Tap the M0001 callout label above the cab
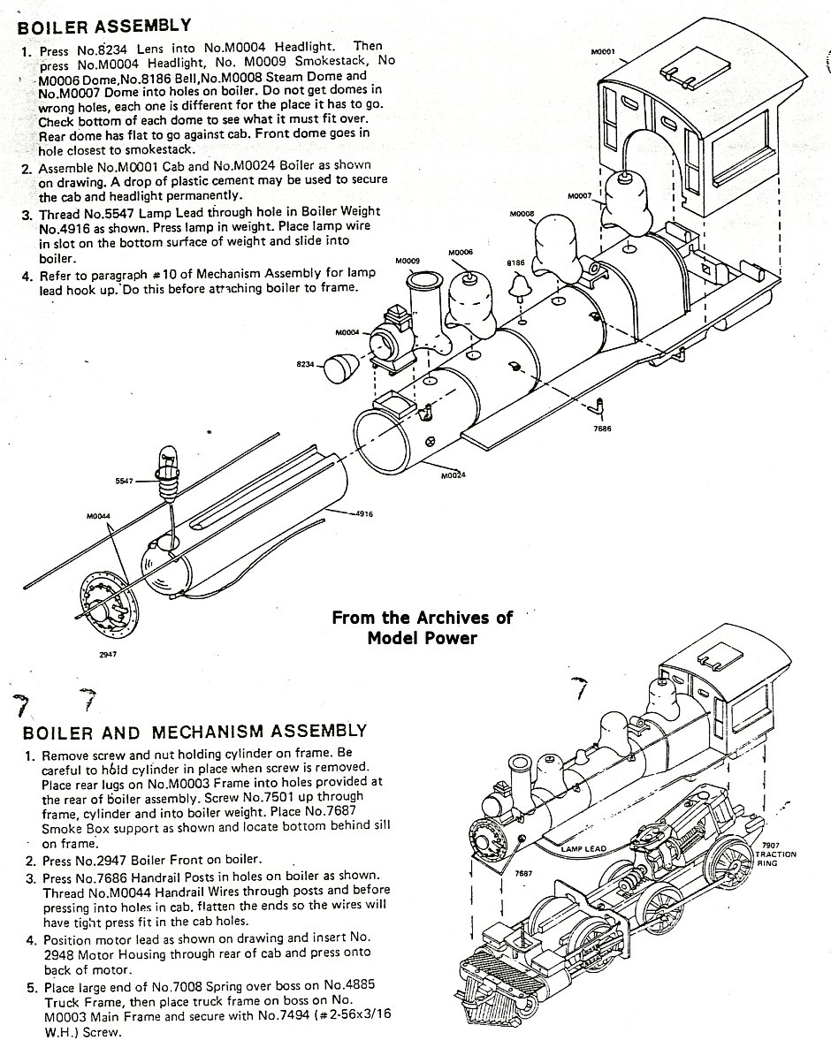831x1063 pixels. [x=605, y=52]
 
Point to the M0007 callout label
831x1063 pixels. [x=579, y=195]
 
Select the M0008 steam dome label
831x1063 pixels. [x=523, y=215]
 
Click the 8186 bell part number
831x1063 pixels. [x=515, y=263]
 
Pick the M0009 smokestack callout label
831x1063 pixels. [x=408, y=261]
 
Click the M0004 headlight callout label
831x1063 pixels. [x=347, y=332]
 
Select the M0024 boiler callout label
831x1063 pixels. [x=453, y=476]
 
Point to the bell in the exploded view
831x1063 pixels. [x=522, y=285]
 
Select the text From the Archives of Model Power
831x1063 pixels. [x=422, y=626]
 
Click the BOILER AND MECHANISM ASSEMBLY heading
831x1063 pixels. [x=194, y=731]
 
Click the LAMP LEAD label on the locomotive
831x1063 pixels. [x=584, y=848]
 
